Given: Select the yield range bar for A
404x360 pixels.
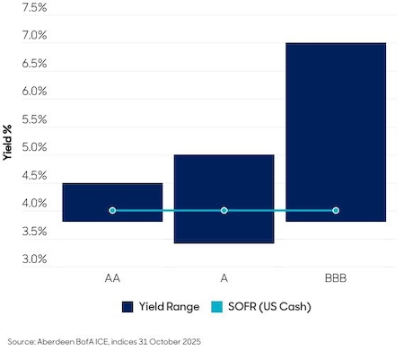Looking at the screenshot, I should pyautogui.click(x=224, y=198).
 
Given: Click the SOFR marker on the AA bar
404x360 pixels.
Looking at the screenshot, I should pyautogui.click(x=112, y=210).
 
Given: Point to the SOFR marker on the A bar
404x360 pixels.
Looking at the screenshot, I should pyautogui.click(x=224, y=210).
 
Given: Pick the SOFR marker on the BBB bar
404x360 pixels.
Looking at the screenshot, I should pyautogui.click(x=336, y=210).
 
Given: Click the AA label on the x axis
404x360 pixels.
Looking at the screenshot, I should pyautogui.click(x=112, y=277).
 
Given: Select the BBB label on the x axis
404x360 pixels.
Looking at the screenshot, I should pyautogui.click(x=336, y=277).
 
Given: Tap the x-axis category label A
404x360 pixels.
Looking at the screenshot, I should pyautogui.click(x=224, y=277).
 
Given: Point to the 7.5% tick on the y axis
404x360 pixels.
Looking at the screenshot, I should pyautogui.click(x=34, y=7).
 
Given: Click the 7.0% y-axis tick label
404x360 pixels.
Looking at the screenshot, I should pyautogui.click(x=34, y=36).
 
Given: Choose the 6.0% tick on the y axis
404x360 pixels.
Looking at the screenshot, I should pyautogui.click(x=34, y=92).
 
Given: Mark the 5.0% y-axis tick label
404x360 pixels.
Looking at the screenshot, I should pyautogui.click(x=34, y=147).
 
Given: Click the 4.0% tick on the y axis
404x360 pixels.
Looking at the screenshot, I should pyautogui.click(x=34, y=204).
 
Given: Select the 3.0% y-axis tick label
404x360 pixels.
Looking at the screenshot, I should pyautogui.click(x=34, y=259).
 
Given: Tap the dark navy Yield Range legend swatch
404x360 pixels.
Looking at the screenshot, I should pyautogui.click(x=127, y=306).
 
